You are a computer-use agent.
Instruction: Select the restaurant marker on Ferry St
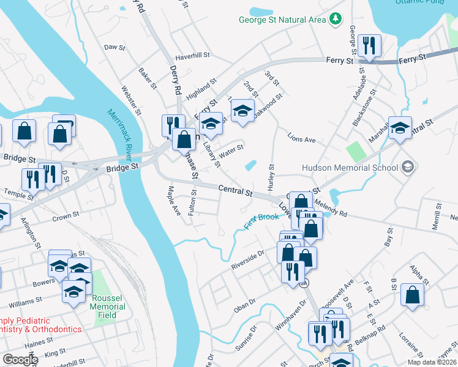[369, 46]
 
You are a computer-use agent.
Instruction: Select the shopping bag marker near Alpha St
[413, 294]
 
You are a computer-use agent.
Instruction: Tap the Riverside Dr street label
[247, 259]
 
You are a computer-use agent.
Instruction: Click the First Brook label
[261, 221]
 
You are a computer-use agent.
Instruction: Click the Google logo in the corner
[20, 360]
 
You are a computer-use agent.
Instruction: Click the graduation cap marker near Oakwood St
[242, 111]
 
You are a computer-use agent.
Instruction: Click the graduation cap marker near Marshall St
[400, 128]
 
